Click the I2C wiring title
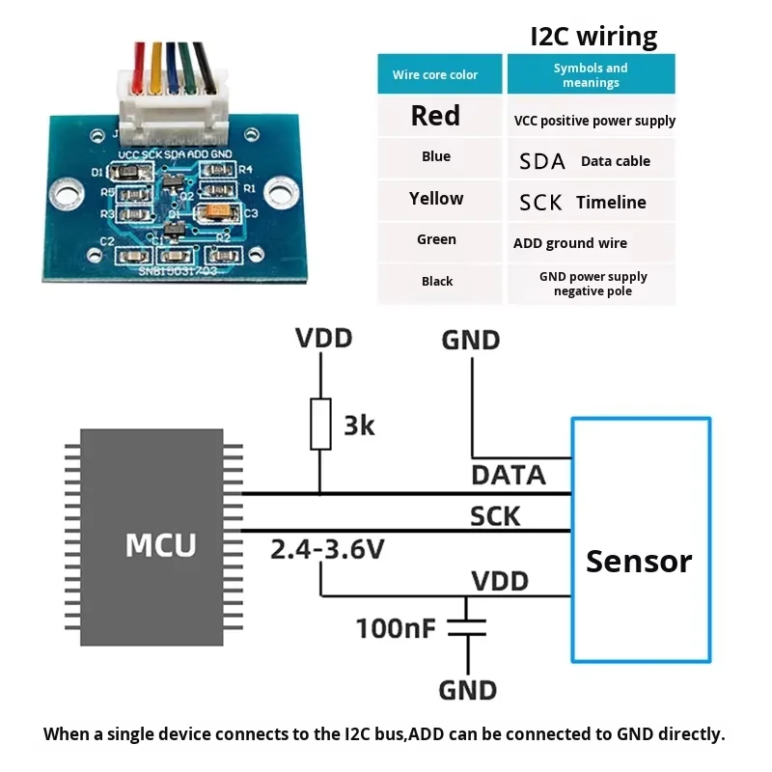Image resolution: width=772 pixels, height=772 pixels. (x=593, y=37)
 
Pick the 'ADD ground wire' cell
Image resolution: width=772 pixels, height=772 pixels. (x=592, y=243)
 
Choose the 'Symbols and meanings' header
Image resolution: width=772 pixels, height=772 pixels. (x=592, y=74)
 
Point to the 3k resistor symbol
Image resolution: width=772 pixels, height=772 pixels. (x=320, y=424)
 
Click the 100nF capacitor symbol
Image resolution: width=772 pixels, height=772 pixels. (x=467, y=628)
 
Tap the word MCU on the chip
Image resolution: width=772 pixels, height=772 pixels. (x=160, y=544)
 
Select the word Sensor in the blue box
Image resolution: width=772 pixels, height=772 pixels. (x=639, y=562)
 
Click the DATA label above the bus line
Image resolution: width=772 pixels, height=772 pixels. (x=509, y=475)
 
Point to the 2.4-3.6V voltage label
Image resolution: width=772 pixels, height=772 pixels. (x=327, y=549)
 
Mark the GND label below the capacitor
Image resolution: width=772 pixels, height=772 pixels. (x=468, y=690)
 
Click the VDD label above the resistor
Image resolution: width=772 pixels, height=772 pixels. (x=323, y=339)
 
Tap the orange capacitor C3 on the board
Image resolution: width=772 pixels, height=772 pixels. (x=216, y=211)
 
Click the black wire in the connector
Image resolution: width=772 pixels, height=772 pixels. (x=205, y=67)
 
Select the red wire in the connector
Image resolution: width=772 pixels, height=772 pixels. (x=139, y=67)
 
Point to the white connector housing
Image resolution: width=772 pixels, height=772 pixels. (x=173, y=107)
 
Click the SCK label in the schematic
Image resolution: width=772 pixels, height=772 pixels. (x=495, y=516)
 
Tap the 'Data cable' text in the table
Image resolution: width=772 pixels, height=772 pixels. (x=616, y=161)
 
